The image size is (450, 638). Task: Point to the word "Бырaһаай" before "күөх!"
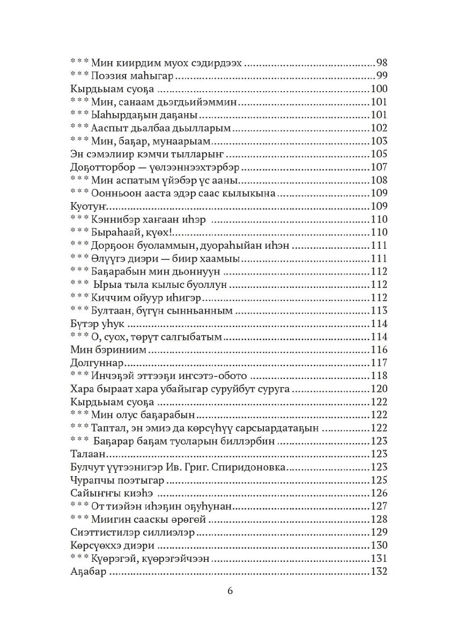119,232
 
